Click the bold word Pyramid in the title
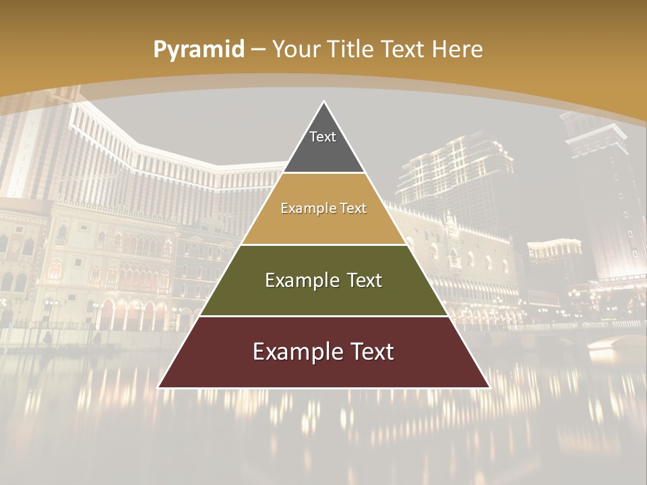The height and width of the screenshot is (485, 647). coord(199,50)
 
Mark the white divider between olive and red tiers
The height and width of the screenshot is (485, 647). coord(323,316)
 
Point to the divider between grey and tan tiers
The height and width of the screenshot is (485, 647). coord(323,173)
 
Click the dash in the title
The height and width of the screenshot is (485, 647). coord(257,50)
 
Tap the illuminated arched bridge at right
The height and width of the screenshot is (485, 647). coord(613,341)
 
